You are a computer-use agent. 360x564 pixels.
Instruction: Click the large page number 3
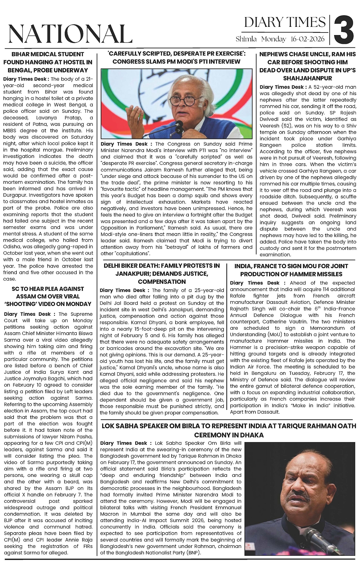[x=344, y=31]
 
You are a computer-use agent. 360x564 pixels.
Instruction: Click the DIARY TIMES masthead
[x=285, y=22]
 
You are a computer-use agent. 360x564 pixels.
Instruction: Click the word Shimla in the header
[x=247, y=39]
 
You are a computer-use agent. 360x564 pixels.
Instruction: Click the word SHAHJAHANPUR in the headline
[x=308, y=78]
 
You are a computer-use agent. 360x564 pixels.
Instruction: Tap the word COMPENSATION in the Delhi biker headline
[x=162, y=282]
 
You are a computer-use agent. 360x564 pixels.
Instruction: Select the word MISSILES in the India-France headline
[x=330, y=274]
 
